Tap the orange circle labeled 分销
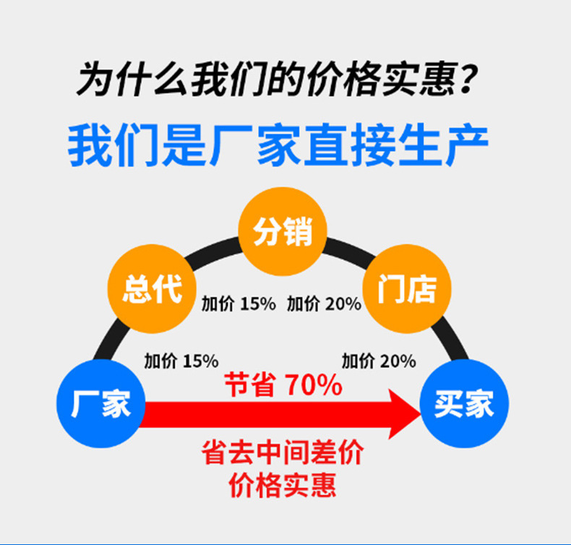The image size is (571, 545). [283, 232]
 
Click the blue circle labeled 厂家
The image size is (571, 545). [101, 403]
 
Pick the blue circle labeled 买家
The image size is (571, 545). [464, 403]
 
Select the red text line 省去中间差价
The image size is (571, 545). [283, 454]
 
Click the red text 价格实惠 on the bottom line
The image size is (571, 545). [283, 484]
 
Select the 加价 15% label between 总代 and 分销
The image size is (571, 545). [239, 304]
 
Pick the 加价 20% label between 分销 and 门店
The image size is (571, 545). [324, 304]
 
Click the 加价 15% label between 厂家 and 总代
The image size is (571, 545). [181, 360]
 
